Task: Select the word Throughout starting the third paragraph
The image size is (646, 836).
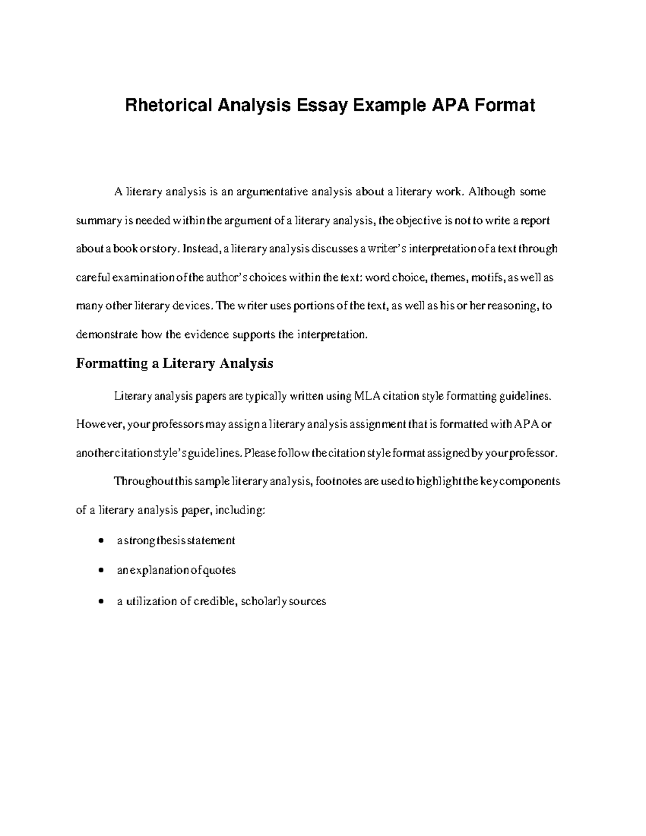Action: [x=139, y=481]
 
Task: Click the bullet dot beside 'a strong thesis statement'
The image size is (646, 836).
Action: [x=101, y=540]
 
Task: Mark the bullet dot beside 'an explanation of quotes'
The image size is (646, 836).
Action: [x=101, y=570]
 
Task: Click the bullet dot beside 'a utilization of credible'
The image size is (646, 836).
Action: [x=101, y=601]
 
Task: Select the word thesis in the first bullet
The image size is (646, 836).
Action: [x=171, y=540]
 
